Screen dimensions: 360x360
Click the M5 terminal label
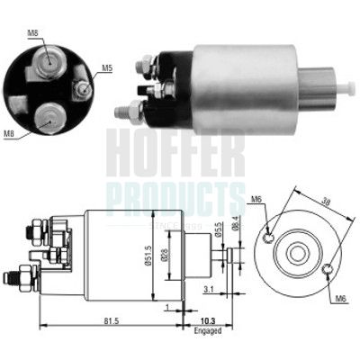tap(107, 67)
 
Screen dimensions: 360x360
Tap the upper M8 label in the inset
tap(33, 34)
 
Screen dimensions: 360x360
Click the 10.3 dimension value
tap(205, 321)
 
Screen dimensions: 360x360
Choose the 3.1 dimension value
tap(207, 288)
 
